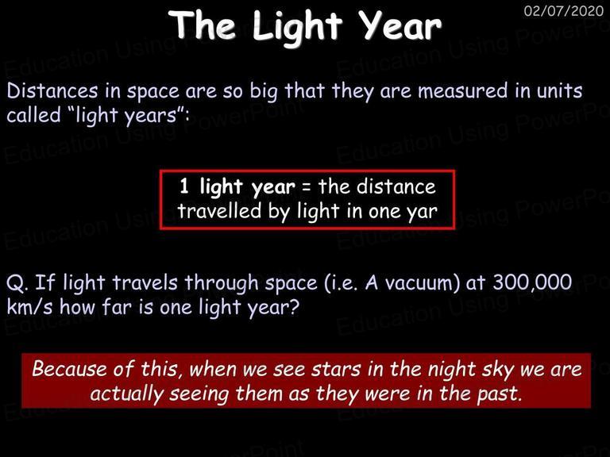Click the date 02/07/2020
(x=564, y=10)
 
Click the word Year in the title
(x=400, y=25)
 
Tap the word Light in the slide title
(x=297, y=28)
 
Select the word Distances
(x=52, y=91)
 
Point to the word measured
(x=463, y=90)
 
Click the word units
(x=559, y=90)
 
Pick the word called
(x=34, y=115)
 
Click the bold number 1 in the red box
(x=184, y=186)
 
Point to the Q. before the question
(x=17, y=283)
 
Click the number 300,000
(x=532, y=282)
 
